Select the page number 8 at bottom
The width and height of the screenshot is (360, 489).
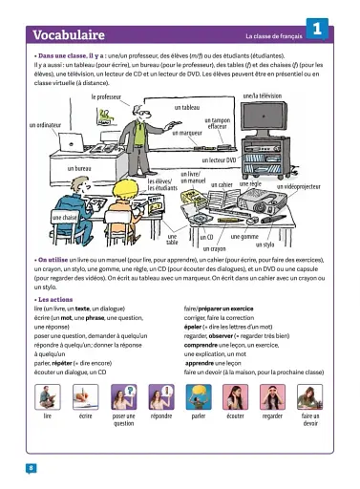click(32, 467)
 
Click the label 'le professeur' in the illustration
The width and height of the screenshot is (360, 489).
click(113, 97)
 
